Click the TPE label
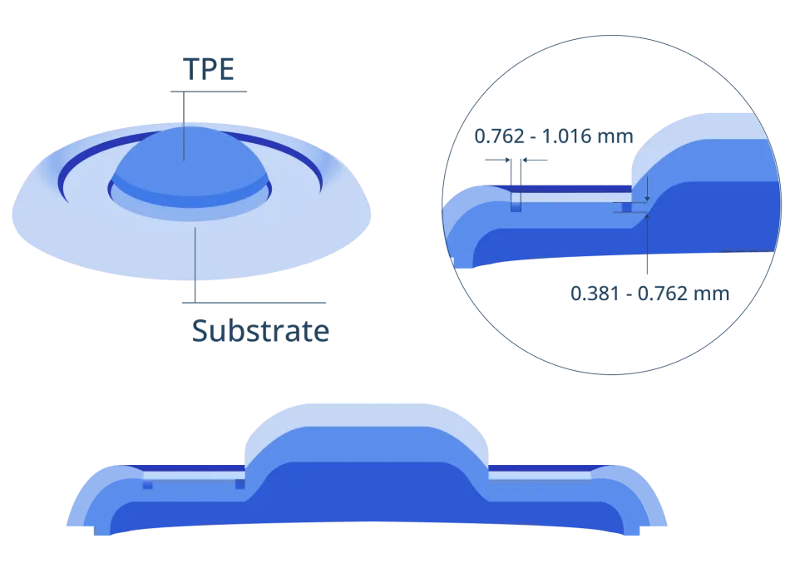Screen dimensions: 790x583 (209, 69)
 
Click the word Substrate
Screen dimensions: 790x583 (260, 330)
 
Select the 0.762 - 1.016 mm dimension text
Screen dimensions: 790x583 (554, 136)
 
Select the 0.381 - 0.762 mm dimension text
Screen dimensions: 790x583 (650, 294)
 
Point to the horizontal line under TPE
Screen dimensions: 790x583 (209, 91)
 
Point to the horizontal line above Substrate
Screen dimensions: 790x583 (254, 303)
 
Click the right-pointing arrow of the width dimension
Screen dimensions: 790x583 (498, 161)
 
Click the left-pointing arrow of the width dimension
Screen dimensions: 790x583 (535, 161)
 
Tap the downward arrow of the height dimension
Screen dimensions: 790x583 (648, 189)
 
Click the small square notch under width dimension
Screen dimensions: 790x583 (516, 207)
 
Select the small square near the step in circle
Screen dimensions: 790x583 (627, 208)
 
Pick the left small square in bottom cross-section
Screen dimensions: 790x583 (148, 485)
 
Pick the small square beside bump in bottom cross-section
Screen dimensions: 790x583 (240, 484)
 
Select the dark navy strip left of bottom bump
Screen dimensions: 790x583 (185, 468)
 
